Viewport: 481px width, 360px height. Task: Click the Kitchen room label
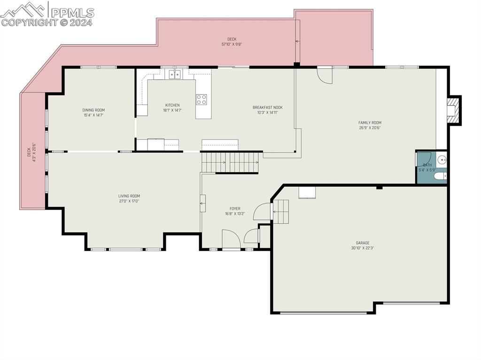click(172, 105)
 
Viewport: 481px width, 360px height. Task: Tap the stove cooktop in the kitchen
click(201, 100)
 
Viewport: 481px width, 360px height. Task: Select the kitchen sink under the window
click(175, 74)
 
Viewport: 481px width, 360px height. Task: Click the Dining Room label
click(93, 110)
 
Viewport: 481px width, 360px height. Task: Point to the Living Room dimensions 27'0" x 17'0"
click(129, 201)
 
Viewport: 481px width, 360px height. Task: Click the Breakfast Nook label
click(267, 107)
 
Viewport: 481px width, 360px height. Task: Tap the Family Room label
click(370, 123)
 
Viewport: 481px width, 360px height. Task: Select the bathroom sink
click(442, 160)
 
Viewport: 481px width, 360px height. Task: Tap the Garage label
click(362, 243)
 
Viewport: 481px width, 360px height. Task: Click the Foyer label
click(235, 208)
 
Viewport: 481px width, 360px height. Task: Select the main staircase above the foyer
click(230, 162)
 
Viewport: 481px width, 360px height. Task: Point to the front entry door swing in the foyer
click(231, 239)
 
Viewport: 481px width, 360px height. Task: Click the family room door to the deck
click(325, 75)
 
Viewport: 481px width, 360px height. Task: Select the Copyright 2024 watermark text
click(47, 22)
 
